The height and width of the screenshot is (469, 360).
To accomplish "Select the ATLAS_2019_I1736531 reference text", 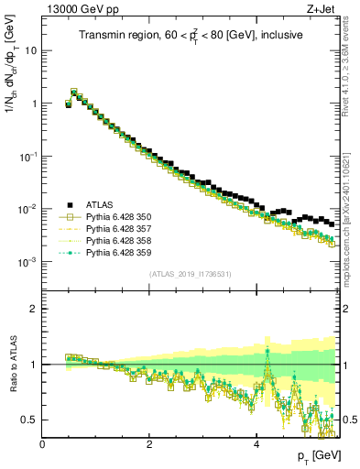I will [191, 274].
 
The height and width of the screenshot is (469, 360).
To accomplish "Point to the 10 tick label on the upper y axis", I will [32, 50].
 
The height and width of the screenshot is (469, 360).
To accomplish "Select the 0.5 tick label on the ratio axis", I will [29, 420].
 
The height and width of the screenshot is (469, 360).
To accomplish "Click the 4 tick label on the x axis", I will [256, 444].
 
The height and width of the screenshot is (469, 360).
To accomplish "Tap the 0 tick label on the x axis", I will [43, 444].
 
